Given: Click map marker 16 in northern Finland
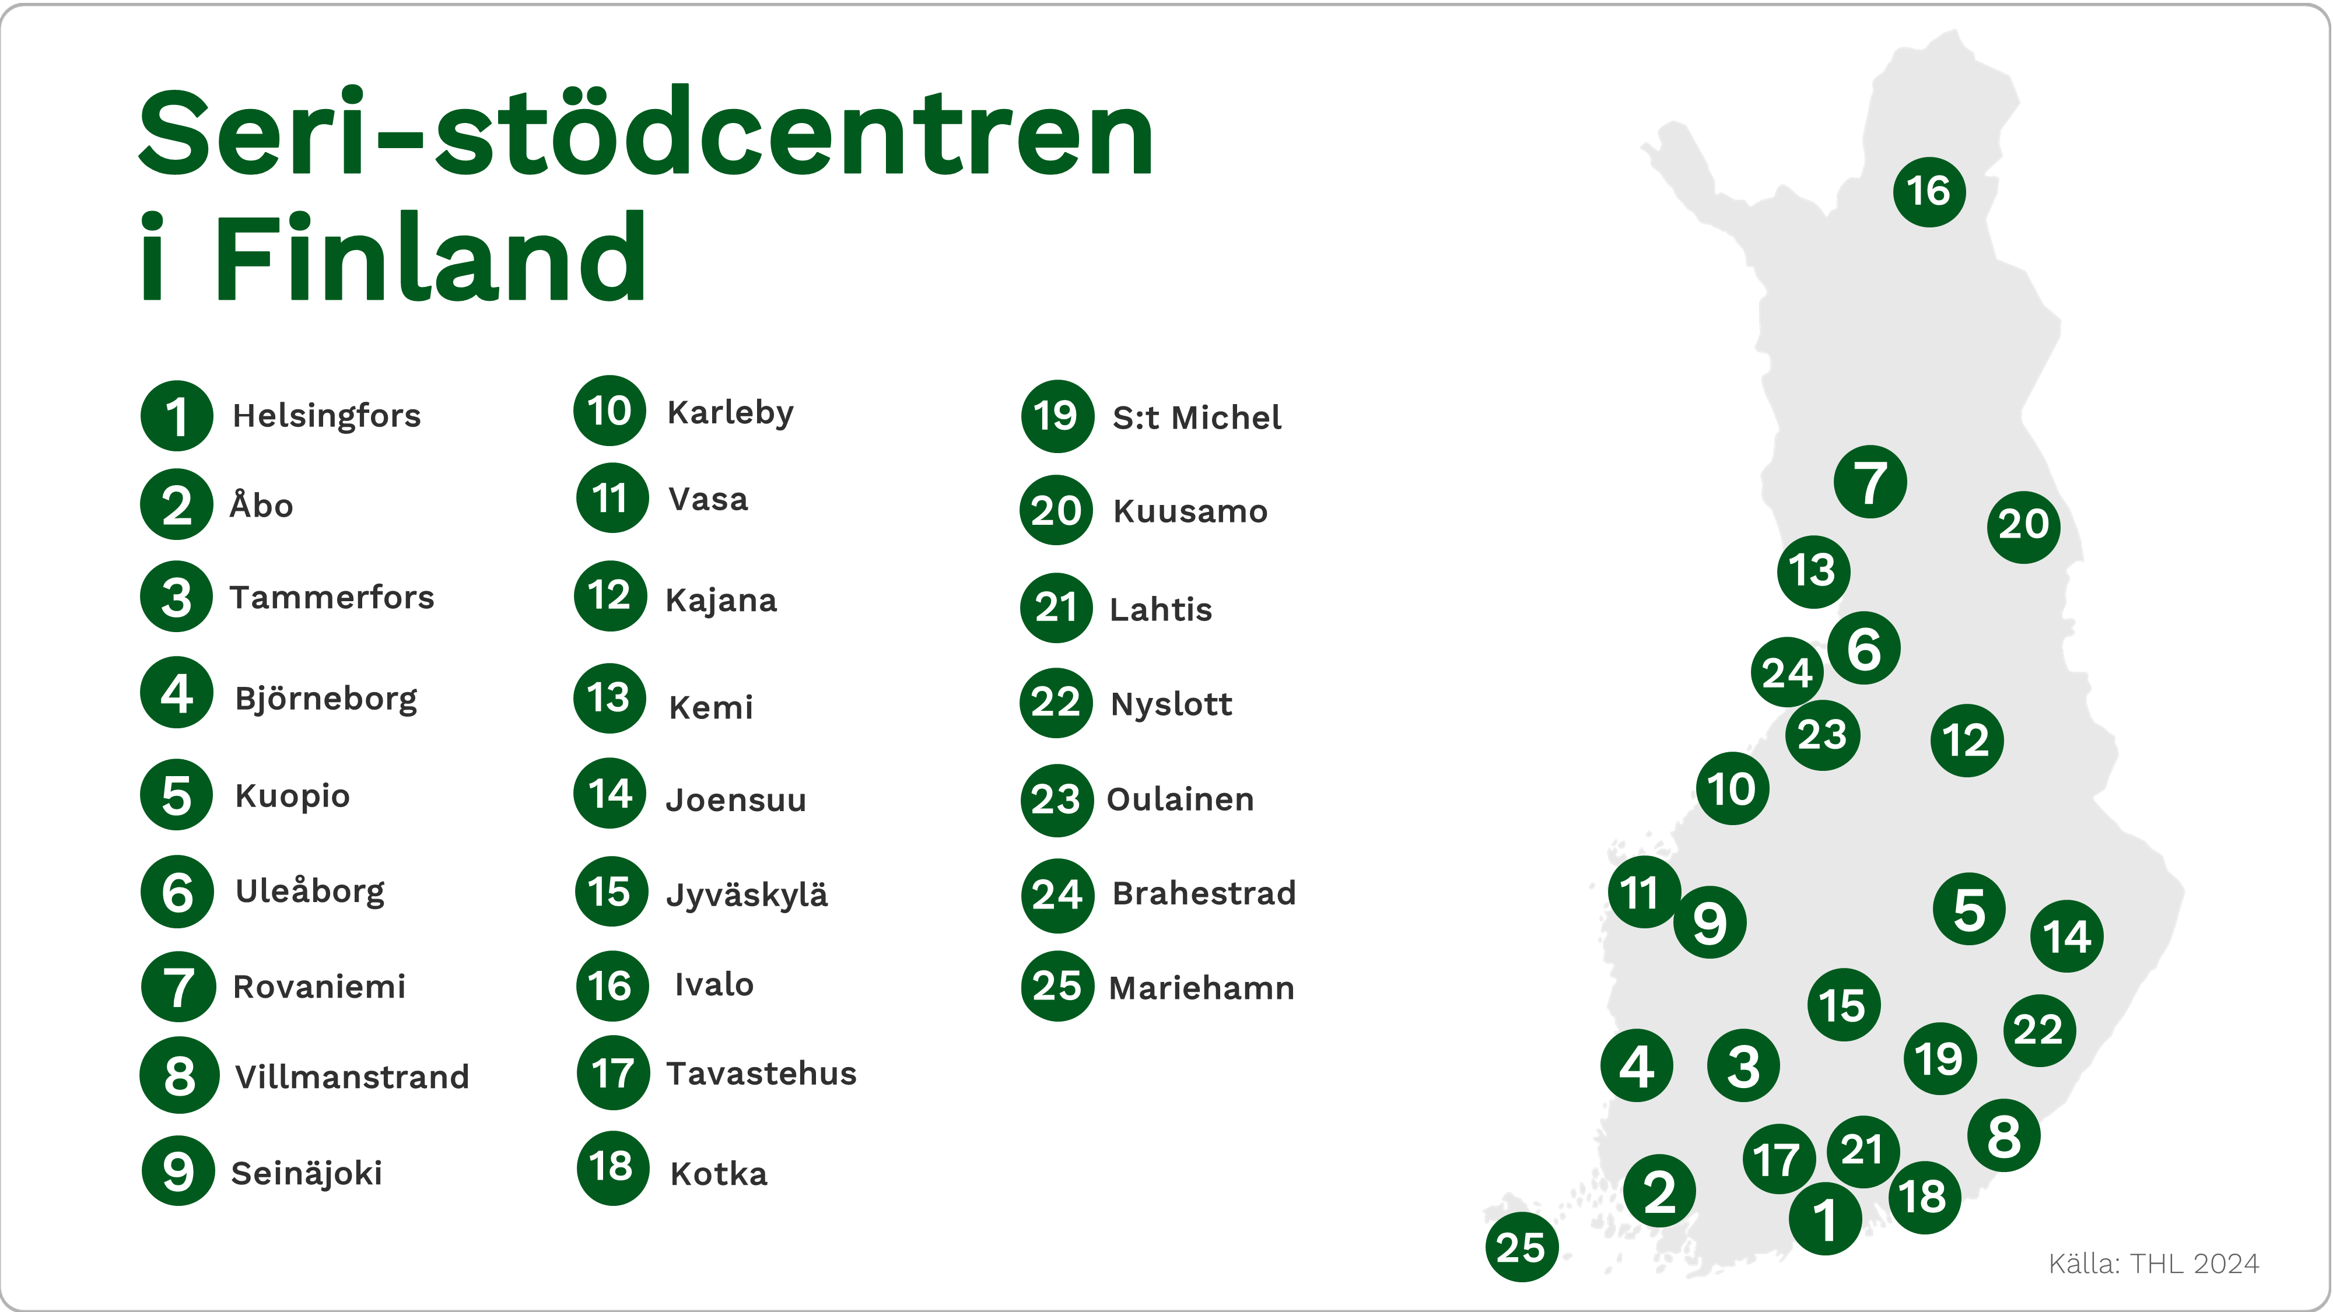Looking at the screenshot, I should [1929, 191].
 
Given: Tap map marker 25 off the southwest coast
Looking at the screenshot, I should [1522, 1247].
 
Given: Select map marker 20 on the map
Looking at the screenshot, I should [2023, 526].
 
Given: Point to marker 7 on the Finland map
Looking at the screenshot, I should [1870, 482].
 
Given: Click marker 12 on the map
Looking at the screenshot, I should [1966, 740].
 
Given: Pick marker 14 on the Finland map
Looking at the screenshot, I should [2066, 936].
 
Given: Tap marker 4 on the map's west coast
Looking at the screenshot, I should [1637, 1066].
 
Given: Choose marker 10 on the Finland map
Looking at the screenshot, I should [1732, 788].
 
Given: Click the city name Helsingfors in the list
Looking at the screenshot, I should [326, 416].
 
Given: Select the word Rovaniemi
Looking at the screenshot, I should [319, 986].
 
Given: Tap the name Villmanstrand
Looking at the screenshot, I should [351, 1076].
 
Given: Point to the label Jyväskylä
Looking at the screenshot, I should [747, 894].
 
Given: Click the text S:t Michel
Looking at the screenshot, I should [1196, 418].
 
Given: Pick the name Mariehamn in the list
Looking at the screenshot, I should [1201, 988].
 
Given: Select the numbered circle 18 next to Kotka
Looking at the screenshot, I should [612, 1167].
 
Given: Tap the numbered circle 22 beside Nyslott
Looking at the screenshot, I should [1056, 703].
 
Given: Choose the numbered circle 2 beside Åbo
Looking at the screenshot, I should [177, 504].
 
